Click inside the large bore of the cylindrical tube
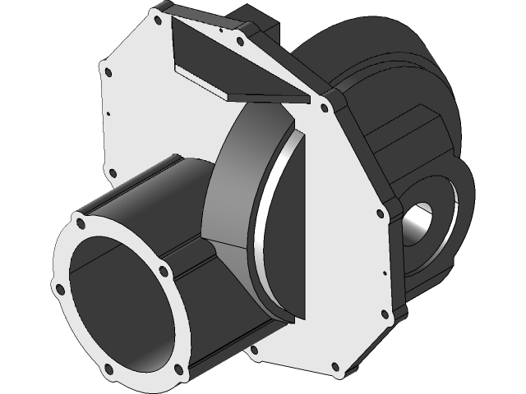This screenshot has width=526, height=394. pyautogui.click(x=123, y=304)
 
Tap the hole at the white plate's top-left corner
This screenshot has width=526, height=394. pyautogui.click(x=156, y=18)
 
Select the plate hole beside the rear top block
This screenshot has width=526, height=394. pyautogui.click(x=239, y=41)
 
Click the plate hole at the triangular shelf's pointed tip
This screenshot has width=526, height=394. pyautogui.click(x=323, y=107)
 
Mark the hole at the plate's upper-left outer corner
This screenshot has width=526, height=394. pyautogui.click(x=106, y=71)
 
